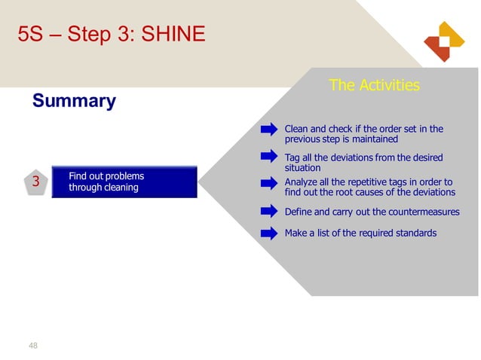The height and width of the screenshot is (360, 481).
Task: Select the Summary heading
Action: (x=74, y=101)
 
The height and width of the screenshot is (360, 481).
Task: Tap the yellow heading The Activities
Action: (x=374, y=85)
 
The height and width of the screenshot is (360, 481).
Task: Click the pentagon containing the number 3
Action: (x=35, y=182)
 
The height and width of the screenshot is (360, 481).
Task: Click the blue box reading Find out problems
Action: (x=124, y=182)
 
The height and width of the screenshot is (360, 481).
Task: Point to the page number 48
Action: (x=32, y=346)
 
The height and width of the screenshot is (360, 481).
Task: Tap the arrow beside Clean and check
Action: (x=269, y=130)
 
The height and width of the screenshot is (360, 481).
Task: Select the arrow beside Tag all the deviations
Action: (x=269, y=157)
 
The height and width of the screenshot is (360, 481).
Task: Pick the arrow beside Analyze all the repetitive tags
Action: (x=269, y=183)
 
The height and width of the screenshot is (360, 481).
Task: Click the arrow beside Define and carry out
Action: (x=269, y=212)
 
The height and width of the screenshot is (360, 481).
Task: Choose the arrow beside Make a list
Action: (x=269, y=233)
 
